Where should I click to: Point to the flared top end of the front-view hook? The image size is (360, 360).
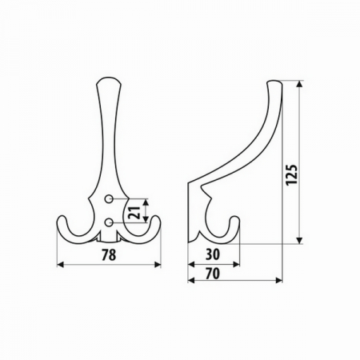click(110, 81)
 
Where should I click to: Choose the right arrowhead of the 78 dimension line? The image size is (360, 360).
click(158, 264)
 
